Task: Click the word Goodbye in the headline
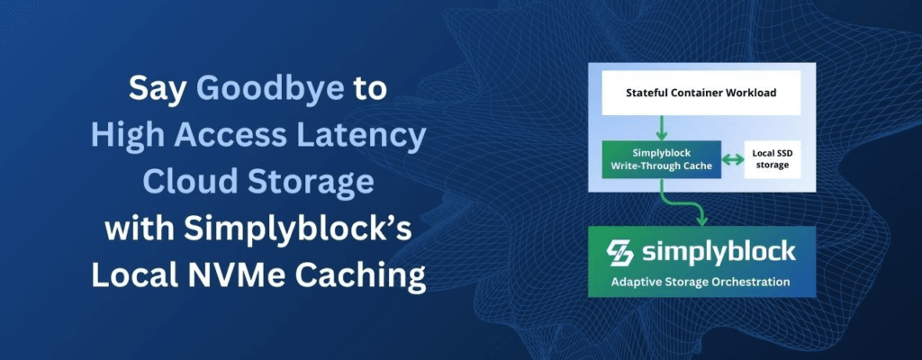270,89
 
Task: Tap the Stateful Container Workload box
701,93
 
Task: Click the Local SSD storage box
772,159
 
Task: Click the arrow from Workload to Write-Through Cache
662,128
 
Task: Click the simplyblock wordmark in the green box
718,253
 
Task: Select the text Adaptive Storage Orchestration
701,282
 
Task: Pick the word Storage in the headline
311,183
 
